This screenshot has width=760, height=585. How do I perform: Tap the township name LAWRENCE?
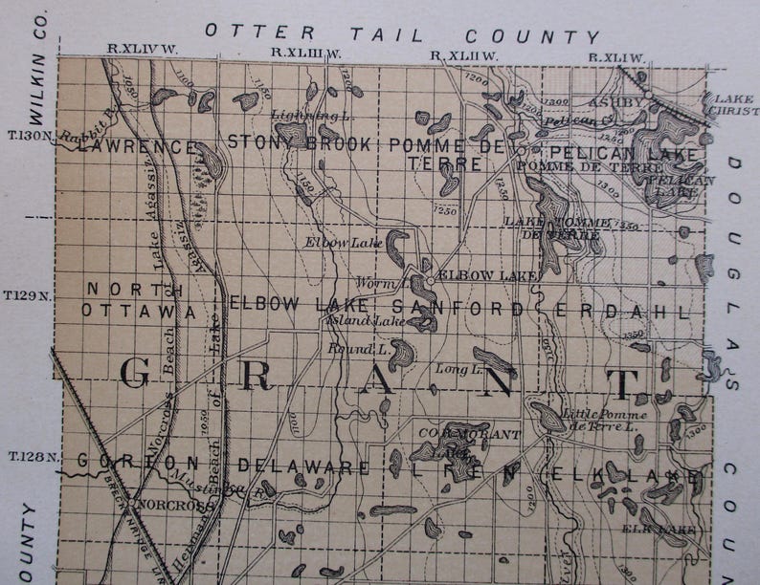tap(137, 147)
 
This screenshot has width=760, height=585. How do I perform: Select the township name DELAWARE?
tap(303, 466)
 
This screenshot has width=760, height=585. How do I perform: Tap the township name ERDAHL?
tap(623, 311)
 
